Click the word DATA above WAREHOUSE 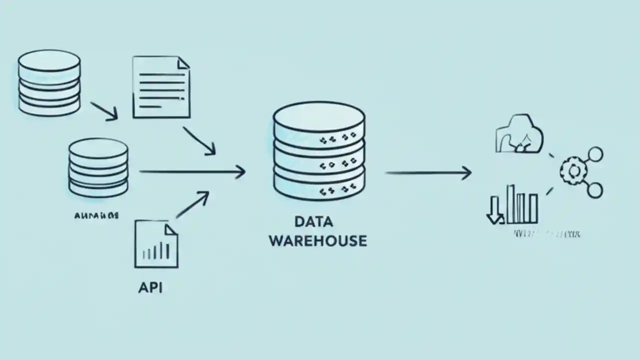pos(313,221)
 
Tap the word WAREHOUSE pos(318,240)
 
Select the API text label pos(150,288)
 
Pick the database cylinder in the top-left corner pos(49,82)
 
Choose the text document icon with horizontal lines pos(161,87)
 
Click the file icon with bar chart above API pos(156,245)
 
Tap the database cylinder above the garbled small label pos(98,167)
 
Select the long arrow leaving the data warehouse pos(428,173)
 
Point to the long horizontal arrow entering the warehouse pos(192,172)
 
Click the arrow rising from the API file pos(192,205)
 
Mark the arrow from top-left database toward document pos(104,111)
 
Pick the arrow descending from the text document pos(199,140)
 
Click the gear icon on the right pos(571,171)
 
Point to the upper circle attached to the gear pos(595,154)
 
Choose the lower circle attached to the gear pos(595,190)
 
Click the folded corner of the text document pos(183,62)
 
